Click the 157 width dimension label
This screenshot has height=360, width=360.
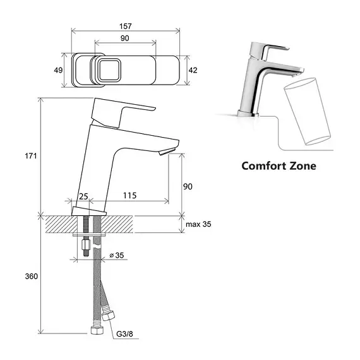tap(125, 26)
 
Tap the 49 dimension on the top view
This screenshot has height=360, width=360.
tap(58, 70)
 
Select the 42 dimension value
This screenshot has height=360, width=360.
tap(193, 70)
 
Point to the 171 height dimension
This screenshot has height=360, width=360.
tap(31, 156)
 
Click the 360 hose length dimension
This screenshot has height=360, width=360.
tap(31, 276)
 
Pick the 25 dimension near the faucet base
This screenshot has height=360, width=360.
tap(83, 196)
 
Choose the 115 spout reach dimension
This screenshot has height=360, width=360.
tap(129, 195)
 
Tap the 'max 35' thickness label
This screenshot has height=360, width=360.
tap(198, 224)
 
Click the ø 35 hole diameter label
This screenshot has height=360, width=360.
tap(117, 255)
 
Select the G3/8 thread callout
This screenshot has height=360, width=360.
tap(124, 333)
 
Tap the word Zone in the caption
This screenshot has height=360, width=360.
tap(303, 165)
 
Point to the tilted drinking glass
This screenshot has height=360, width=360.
tap(308, 112)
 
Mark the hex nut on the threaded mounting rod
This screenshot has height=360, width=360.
tap(86, 245)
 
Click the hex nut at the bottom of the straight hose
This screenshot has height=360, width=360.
tap(97, 330)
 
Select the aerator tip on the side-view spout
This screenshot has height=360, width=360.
tap(167, 152)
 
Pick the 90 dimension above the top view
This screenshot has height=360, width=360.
tap(124, 38)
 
